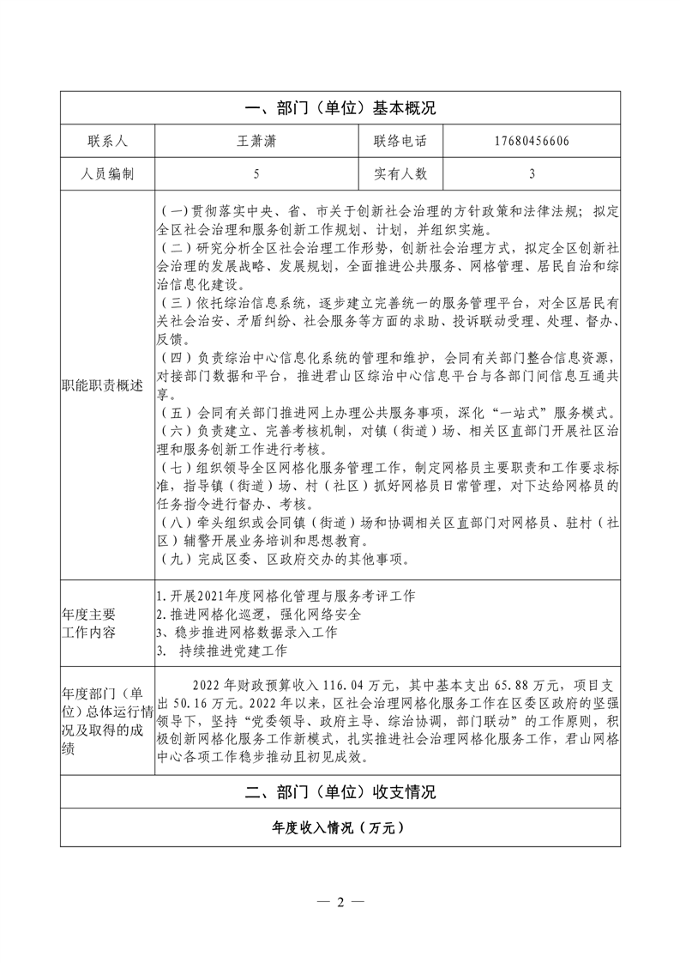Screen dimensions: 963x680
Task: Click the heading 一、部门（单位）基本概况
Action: tap(340, 108)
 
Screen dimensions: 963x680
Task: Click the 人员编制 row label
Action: tap(107, 173)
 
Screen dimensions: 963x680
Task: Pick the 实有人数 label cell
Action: tap(400, 173)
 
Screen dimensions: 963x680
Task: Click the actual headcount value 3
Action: tap(532, 173)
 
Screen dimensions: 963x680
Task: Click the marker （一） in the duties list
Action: tap(174, 211)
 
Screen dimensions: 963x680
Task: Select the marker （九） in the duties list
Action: tap(174, 560)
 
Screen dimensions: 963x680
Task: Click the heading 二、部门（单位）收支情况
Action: tap(340, 792)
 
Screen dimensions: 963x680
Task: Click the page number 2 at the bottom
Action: tap(340, 902)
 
